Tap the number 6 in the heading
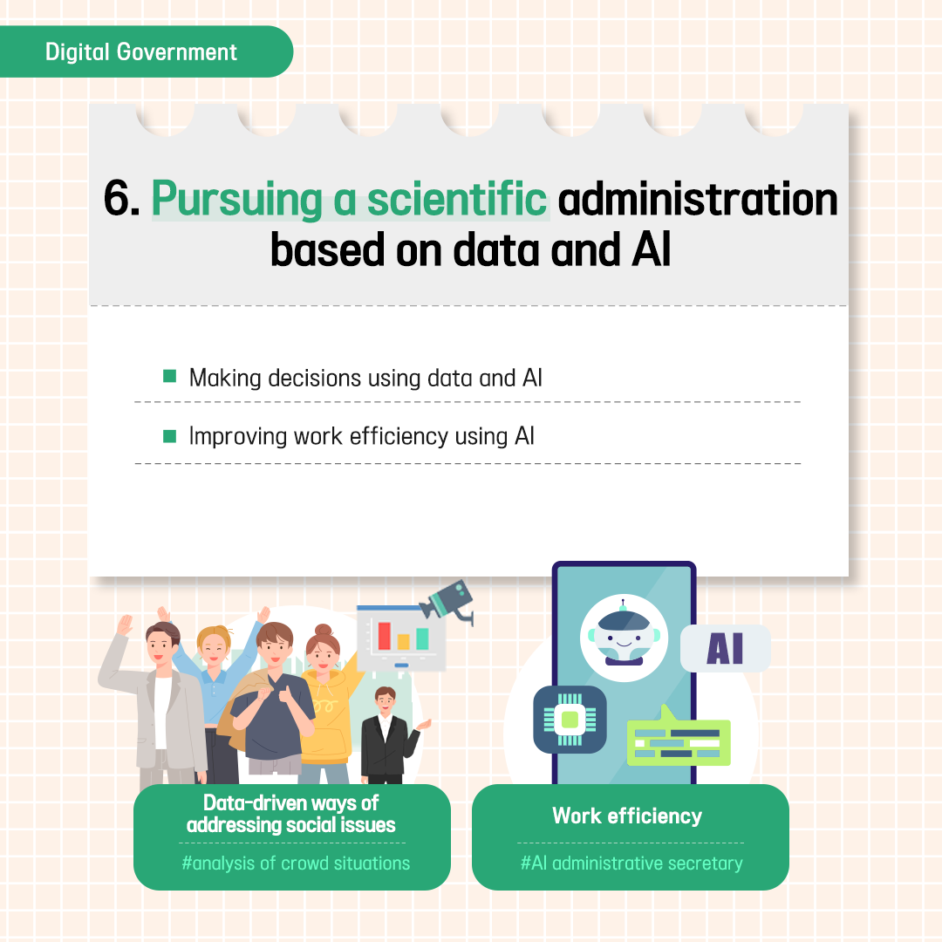pyautogui.click(x=117, y=198)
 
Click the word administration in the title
pyautogui.click(x=698, y=199)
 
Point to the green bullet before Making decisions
pyautogui.click(x=169, y=376)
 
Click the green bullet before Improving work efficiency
pyautogui.click(x=169, y=436)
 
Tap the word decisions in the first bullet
pyautogui.click(x=315, y=379)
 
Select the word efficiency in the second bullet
pyautogui.click(x=399, y=437)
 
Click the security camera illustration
pyautogui.click(x=448, y=601)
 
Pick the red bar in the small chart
pyautogui.click(x=384, y=636)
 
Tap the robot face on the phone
pyautogui.click(x=624, y=638)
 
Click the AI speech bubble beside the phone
pyautogui.click(x=725, y=648)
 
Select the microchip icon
pyautogui.click(x=570, y=719)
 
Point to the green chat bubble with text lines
pyautogui.click(x=679, y=739)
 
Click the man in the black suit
pyautogui.click(x=387, y=735)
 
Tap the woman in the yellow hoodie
pyautogui.click(x=327, y=703)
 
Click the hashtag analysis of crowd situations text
pyautogui.click(x=296, y=863)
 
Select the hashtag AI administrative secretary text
pyautogui.click(x=631, y=863)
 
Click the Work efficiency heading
pyautogui.click(x=627, y=816)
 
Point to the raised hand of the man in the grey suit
pyautogui.click(x=124, y=625)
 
